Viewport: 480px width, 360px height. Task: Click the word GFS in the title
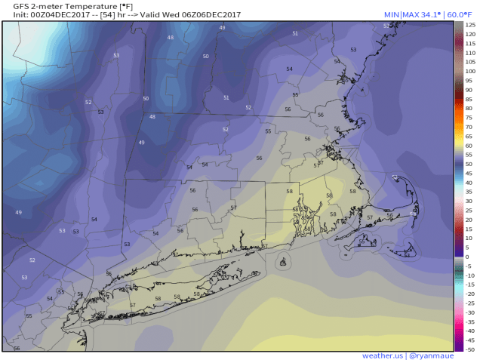12,6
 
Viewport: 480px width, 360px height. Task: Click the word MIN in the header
392,15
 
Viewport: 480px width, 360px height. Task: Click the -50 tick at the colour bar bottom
469,349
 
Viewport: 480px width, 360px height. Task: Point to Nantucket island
406,252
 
